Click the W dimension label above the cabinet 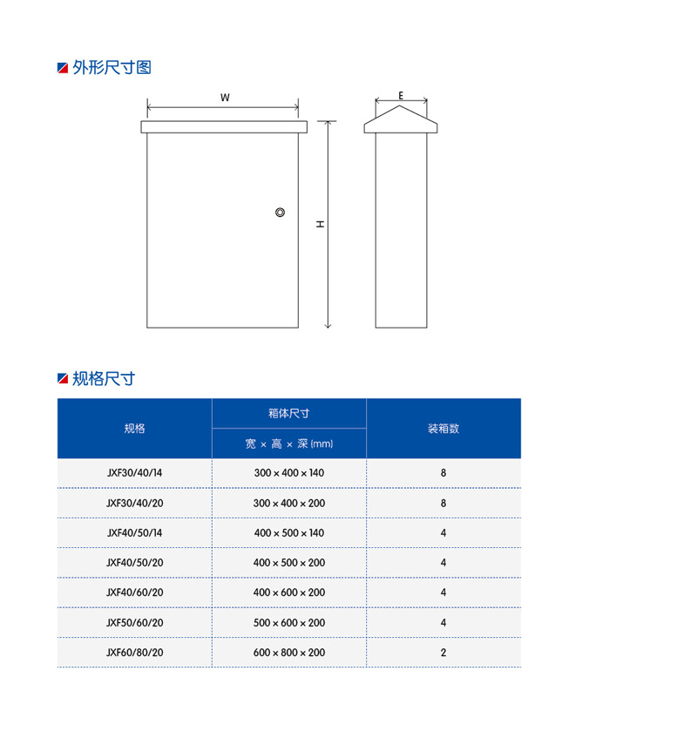tap(225, 98)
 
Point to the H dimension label tap(321, 224)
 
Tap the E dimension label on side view tap(401, 95)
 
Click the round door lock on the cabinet tap(281, 213)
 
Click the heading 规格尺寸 tap(104, 379)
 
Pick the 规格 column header tap(134, 429)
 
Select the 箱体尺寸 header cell tap(289, 413)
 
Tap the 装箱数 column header tap(443, 429)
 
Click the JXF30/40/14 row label tap(134, 472)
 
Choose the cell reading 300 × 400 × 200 tap(289, 503)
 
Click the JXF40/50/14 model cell tap(134, 532)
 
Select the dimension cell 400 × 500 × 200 tap(289, 563)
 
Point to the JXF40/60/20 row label tap(134, 592)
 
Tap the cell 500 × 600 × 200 tap(289, 623)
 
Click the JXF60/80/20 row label tap(134, 653)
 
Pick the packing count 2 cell tap(443, 653)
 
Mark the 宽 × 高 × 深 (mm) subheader tap(289, 444)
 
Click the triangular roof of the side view tap(401, 119)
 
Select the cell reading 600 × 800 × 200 tap(289, 653)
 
